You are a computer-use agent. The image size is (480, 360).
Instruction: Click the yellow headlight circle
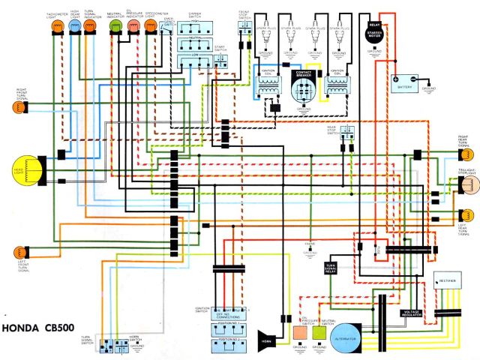pos(25,169)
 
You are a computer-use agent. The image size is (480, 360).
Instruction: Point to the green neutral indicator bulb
pos(115,26)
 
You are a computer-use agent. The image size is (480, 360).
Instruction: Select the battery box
pos(406,79)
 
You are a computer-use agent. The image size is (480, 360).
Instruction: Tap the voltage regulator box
pos(412,313)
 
